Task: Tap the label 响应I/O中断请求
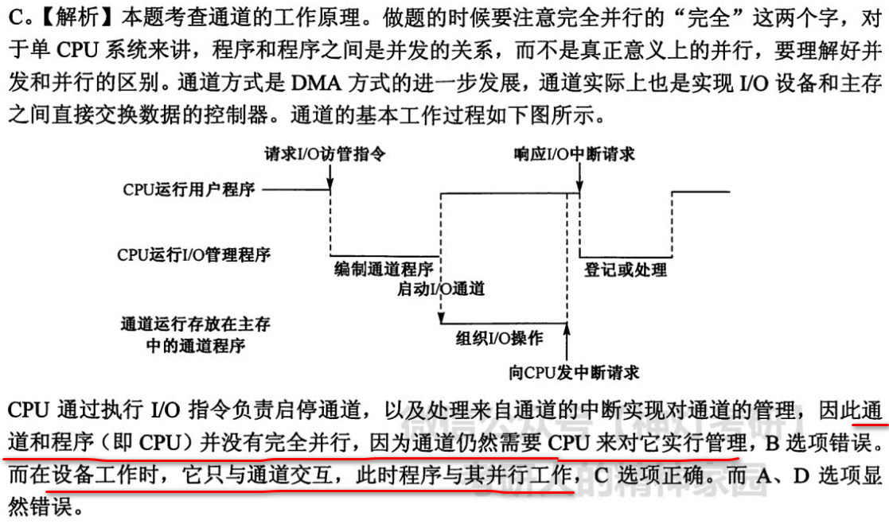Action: pyautogui.click(x=575, y=153)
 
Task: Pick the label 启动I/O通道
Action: pyautogui.click(x=440, y=288)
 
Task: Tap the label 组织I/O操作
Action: pyautogui.click(x=499, y=337)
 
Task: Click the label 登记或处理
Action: pyautogui.click(x=626, y=269)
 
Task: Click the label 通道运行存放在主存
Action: pyautogui.click(x=195, y=324)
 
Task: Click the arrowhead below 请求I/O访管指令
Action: pyautogui.click(x=330, y=186)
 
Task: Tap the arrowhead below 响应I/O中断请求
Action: pyautogui.click(x=579, y=186)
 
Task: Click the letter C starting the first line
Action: pyautogui.click(x=14, y=15)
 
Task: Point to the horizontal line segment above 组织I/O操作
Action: pyautogui.click(x=503, y=324)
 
